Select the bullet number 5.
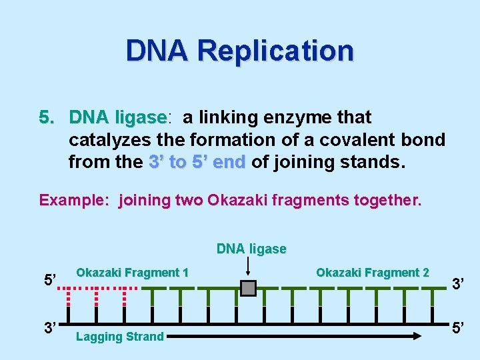coord(45,118)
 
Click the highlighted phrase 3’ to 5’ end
coord(197,162)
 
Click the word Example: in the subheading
coord(75,201)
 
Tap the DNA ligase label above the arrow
coord(251,249)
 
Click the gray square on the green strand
coord(248,288)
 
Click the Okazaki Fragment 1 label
coord(132,273)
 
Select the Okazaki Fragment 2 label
coord(372,273)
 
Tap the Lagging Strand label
coord(119,337)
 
